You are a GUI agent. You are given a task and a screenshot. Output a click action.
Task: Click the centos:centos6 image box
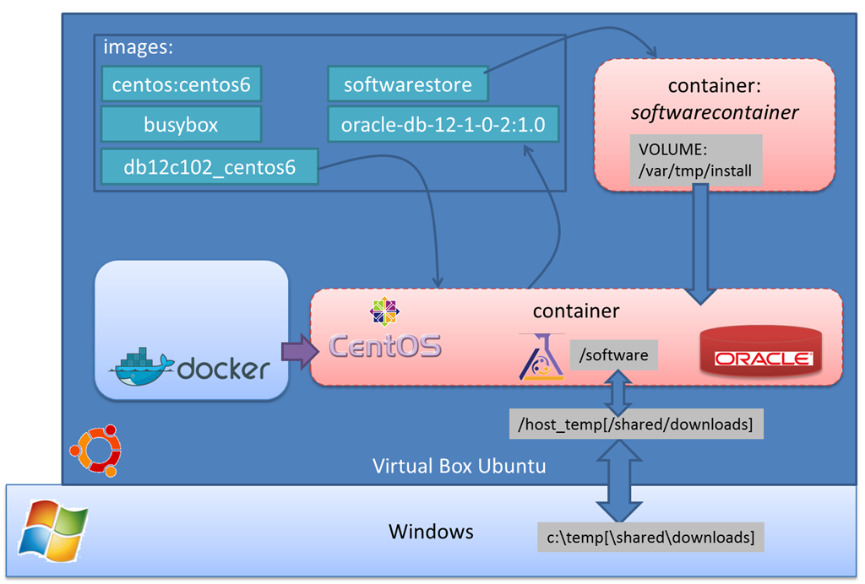pyautogui.click(x=181, y=84)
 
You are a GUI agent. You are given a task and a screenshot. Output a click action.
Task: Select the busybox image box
pyautogui.click(x=181, y=125)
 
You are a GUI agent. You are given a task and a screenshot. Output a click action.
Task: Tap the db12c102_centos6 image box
pyautogui.click(x=209, y=166)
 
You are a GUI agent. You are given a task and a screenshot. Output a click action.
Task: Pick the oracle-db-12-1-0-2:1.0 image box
pyautogui.click(x=443, y=125)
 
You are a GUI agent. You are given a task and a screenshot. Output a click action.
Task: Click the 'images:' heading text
pyautogui.click(x=138, y=47)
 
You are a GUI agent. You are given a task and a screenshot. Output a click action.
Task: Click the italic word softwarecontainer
pyautogui.click(x=715, y=111)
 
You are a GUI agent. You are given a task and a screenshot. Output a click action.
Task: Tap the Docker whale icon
pyautogui.click(x=141, y=365)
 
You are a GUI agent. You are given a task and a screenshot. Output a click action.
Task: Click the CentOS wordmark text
pyautogui.click(x=384, y=346)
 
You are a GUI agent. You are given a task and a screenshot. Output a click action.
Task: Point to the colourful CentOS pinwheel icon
pyautogui.click(x=384, y=311)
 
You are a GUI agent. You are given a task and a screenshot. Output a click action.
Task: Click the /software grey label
pyautogui.click(x=613, y=355)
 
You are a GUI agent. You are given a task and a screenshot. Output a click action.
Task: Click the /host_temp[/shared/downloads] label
pyautogui.click(x=635, y=424)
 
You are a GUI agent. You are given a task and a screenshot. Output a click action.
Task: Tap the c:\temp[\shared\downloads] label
pyautogui.click(x=650, y=537)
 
